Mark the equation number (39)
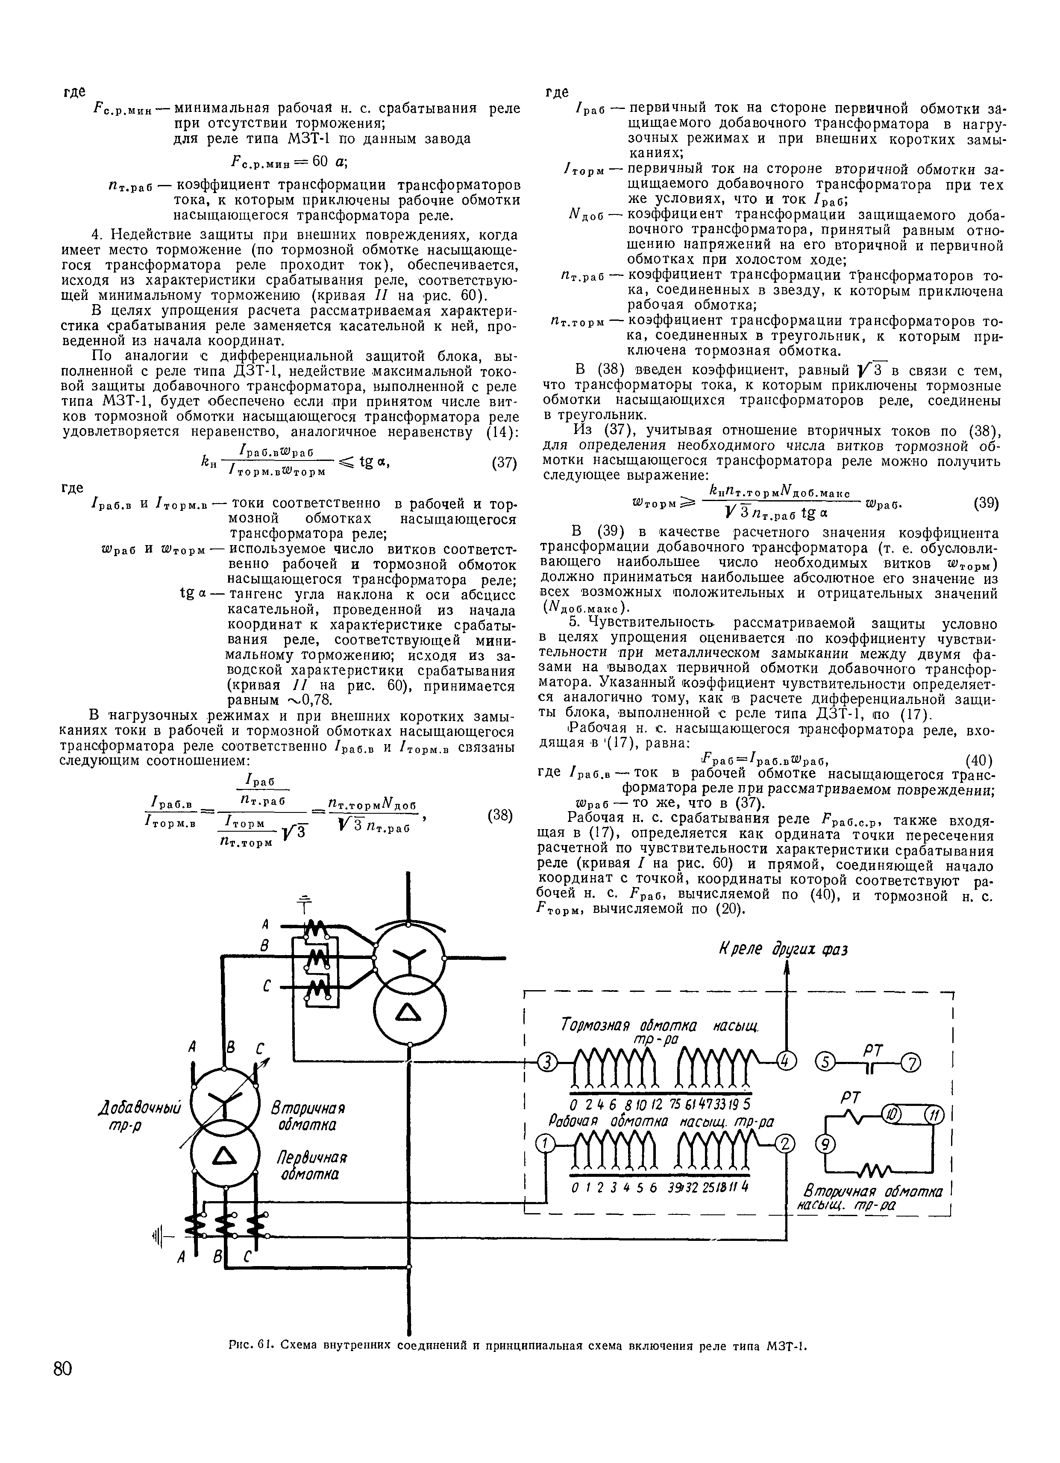(x=987, y=504)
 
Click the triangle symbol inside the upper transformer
(x=410, y=1014)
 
